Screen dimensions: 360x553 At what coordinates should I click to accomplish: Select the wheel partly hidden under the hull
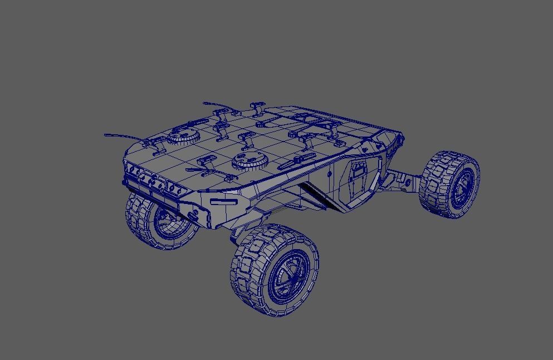coord(162,222)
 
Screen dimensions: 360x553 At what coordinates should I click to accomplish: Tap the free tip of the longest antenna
coord(105,135)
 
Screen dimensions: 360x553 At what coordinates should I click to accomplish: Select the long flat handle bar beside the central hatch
coord(292,162)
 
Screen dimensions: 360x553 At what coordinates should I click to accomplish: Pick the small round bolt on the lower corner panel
coord(194,214)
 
